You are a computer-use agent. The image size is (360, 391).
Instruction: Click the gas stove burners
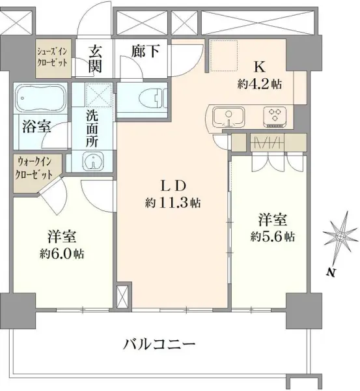275,117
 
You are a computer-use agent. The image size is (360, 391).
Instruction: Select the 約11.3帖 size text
173,203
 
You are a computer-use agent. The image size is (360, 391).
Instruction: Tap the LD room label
173,184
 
